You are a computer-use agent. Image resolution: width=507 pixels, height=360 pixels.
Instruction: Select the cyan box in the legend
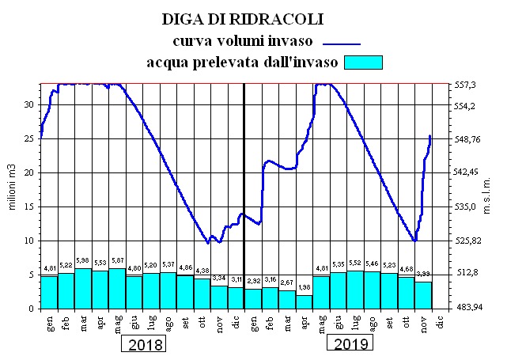click(x=360, y=63)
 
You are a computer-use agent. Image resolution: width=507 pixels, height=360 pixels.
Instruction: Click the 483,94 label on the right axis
click(x=471, y=308)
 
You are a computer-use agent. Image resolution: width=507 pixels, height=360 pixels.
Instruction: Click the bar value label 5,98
click(x=83, y=263)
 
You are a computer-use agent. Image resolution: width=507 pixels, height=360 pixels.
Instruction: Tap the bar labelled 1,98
click(x=305, y=301)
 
